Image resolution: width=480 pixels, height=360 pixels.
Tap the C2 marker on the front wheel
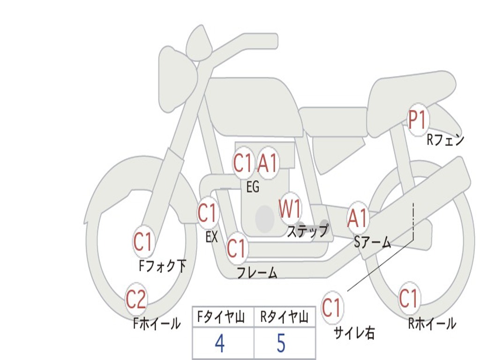[136, 300]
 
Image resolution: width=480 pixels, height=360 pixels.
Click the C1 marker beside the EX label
[208, 213]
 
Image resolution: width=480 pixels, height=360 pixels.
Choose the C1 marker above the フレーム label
[236, 247]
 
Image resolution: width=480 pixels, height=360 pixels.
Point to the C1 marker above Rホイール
[408, 299]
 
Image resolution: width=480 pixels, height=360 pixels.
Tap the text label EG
[253, 187]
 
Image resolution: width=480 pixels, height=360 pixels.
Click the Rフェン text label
[445, 140]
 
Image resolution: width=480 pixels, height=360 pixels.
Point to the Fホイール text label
[157, 323]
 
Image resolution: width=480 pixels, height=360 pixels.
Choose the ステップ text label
[307, 231]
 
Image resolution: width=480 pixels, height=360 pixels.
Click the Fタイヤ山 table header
[223, 318]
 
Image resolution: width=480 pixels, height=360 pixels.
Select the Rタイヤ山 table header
[285, 318]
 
